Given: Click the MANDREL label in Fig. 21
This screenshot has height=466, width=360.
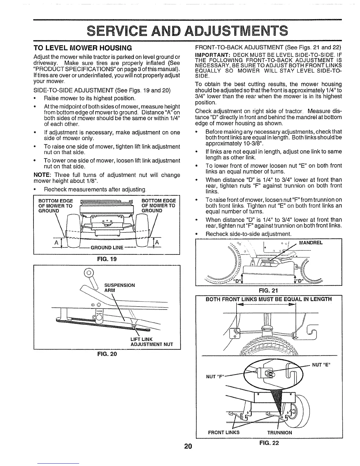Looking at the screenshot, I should click(311, 243).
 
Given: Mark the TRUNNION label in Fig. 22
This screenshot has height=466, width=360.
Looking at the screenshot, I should click(279, 432).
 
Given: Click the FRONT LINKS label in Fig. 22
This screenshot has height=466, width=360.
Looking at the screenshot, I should click(224, 432).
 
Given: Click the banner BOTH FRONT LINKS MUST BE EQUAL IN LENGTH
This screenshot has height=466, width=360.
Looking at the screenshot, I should click(268, 299).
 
